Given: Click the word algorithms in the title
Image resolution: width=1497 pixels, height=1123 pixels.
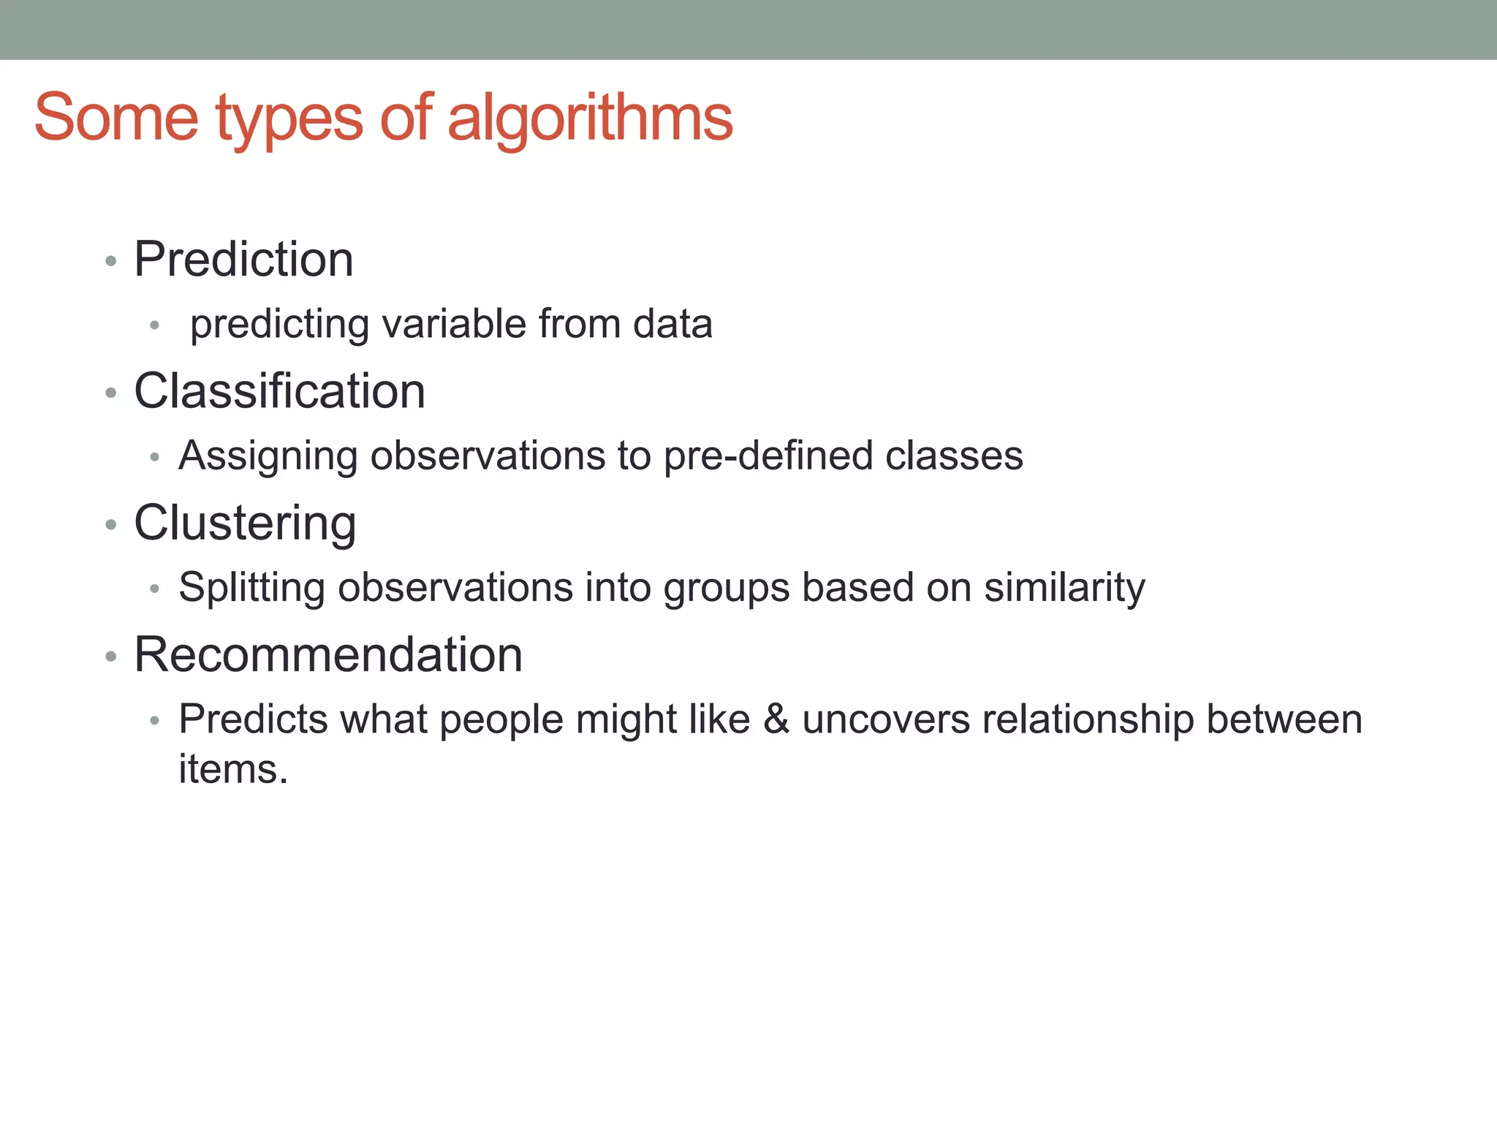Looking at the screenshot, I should [589, 118].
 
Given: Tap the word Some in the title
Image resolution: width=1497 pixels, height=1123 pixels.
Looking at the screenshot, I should [116, 118].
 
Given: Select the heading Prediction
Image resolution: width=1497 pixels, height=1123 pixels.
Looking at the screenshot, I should [243, 260].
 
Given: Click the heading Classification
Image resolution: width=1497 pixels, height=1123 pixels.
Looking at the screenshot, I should [279, 391].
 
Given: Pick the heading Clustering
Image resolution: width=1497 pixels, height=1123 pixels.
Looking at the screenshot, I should [245, 523].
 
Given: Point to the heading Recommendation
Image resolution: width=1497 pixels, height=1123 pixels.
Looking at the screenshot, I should [328, 654].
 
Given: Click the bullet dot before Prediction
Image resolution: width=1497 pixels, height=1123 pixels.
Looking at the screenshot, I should [111, 261].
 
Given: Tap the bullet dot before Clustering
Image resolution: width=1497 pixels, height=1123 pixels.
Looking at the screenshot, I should [111, 524].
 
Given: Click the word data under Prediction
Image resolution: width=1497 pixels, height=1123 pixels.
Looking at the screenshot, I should [672, 324].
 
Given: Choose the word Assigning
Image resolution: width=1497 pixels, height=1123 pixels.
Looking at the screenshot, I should [268, 456].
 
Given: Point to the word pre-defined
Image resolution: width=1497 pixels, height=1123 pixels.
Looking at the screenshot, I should [768, 455].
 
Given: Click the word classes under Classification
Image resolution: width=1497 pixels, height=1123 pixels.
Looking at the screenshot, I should [954, 455].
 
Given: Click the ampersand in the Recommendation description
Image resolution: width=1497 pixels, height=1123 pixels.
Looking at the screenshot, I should [776, 719].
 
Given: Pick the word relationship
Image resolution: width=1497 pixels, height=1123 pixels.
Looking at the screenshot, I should [1088, 719].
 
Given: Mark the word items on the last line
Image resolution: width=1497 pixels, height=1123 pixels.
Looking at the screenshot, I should [233, 769].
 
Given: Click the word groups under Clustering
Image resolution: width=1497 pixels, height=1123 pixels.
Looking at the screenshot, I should [727, 588].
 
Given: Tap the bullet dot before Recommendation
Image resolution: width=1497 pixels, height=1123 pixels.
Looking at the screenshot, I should [111, 656].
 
